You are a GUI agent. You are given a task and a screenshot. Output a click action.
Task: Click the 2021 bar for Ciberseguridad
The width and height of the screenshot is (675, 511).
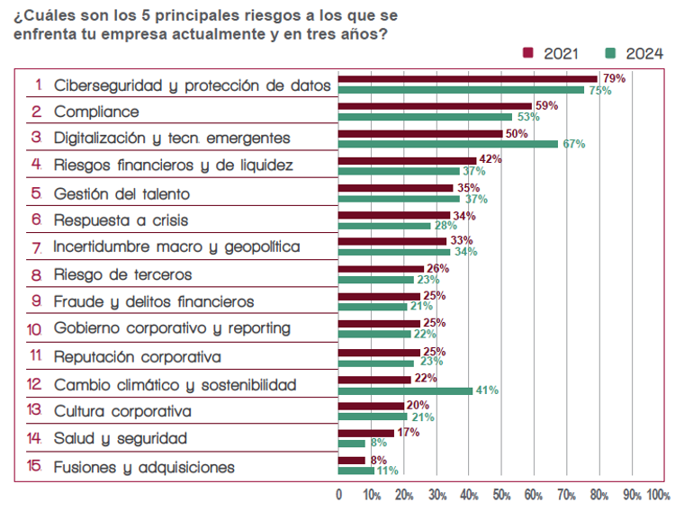(x=468, y=79)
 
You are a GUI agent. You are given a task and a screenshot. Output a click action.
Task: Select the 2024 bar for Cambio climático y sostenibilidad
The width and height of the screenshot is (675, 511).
(x=405, y=390)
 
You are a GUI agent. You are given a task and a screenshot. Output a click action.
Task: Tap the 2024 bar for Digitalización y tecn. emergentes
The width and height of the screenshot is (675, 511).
(x=448, y=144)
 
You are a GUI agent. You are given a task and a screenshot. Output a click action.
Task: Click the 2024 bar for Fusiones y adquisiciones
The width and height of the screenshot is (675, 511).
(x=355, y=471)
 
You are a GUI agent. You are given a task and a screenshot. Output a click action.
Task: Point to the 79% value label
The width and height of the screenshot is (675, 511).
(x=614, y=78)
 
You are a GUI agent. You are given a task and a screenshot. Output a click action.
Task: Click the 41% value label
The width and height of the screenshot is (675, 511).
(x=487, y=390)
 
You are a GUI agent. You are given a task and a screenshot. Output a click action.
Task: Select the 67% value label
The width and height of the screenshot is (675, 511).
(x=574, y=144)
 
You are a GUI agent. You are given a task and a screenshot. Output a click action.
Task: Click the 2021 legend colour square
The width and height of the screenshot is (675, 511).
(x=528, y=53)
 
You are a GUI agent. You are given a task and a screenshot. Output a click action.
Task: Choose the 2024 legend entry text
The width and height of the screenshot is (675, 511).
(x=644, y=53)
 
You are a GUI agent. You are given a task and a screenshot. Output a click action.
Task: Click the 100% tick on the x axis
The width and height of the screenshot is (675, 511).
(x=658, y=495)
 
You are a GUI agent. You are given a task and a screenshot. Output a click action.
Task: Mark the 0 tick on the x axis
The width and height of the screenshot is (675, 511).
(x=338, y=495)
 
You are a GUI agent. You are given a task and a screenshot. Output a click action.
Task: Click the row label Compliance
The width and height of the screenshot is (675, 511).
(x=96, y=112)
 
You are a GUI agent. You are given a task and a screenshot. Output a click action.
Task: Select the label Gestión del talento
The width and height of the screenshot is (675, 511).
(x=121, y=193)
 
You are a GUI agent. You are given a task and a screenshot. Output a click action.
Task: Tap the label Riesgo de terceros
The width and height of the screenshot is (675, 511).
(x=122, y=274)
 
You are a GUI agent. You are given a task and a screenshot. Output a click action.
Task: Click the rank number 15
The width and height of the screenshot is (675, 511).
(x=34, y=467)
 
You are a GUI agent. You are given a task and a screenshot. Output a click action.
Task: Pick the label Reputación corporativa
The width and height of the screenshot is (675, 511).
(x=137, y=356)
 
